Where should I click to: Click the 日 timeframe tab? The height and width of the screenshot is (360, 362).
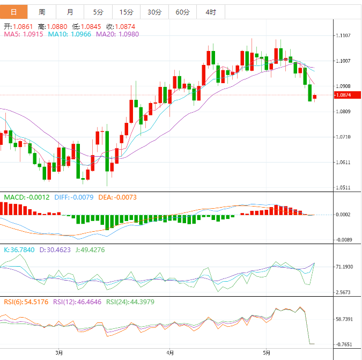(x=13, y=12)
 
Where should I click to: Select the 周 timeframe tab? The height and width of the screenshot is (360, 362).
(x=42, y=12)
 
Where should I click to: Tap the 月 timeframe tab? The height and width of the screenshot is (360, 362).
(x=70, y=12)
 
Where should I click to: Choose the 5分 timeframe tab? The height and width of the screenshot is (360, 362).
(x=98, y=12)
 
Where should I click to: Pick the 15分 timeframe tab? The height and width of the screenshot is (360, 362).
(x=126, y=12)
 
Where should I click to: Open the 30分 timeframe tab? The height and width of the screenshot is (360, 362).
(x=154, y=12)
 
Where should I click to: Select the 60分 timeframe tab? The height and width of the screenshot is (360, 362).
(x=182, y=12)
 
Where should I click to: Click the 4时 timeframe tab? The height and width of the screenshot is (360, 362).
(x=210, y=12)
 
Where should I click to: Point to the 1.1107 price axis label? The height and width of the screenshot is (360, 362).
(x=343, y=35)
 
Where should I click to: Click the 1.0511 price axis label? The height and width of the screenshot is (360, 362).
(x=343, y=188)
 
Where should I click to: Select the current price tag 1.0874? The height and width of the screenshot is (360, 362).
(x=344, y=95)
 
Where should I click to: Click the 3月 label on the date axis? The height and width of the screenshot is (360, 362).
(x=59, y=352)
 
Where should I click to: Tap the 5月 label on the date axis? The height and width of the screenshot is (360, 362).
(x=268, y=352)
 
